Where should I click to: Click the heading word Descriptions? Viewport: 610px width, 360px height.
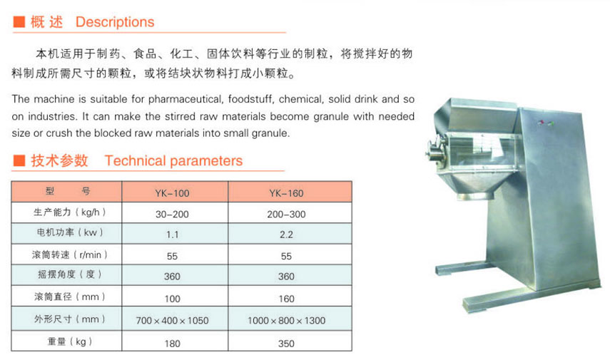[x=115, y=22]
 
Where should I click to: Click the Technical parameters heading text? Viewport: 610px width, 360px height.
[x=173, y=160]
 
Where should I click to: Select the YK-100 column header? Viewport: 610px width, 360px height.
[x=172, y=193]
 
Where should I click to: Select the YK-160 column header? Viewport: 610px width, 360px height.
[x=286, y=193]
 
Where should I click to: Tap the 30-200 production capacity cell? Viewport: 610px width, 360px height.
[x=172, y=214]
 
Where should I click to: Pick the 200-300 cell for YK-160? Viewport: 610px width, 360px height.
[x=286, y=214]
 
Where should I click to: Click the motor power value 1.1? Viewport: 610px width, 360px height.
[x=172, y=235]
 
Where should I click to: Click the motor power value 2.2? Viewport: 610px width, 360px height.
[x=286, y=235]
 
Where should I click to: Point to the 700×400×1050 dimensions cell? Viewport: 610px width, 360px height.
[x=172, y=321]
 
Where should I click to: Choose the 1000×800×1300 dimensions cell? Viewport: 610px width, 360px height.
[x=286, y=321]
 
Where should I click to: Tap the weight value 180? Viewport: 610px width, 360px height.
[x=172, y=344]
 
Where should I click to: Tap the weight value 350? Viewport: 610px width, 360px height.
[x=286, y=344]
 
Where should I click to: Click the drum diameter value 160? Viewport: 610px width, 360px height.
[x=286, y=299]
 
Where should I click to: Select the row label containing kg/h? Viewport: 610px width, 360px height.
[x=70, y=212]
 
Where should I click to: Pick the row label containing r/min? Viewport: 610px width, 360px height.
[x=70, y=255]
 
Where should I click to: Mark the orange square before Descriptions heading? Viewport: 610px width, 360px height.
[x=19, y=22]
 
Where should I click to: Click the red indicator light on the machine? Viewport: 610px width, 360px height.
[x=540, y=123]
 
